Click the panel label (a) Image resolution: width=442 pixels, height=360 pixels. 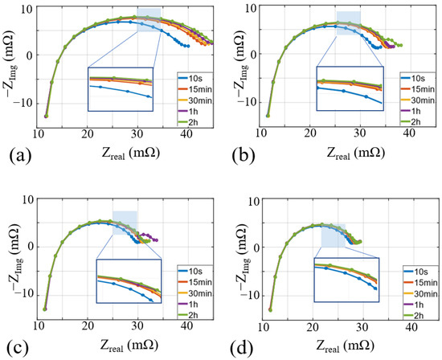tap(16, 153)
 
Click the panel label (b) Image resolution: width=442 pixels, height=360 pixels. tap(241, 153)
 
